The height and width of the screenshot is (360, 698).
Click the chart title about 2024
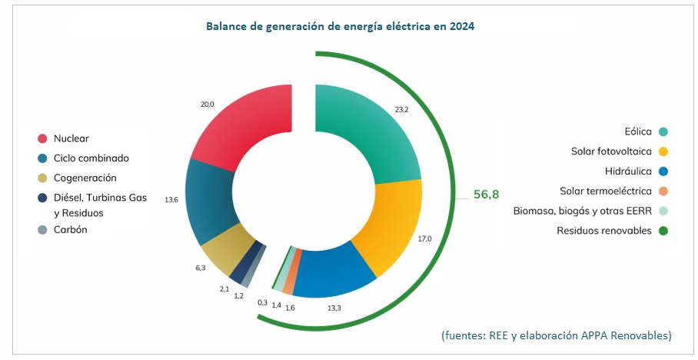click(x=340, y=26)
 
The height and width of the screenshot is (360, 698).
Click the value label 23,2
click(x=401, y=109)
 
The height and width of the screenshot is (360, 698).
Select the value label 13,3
click(x=335, y=308)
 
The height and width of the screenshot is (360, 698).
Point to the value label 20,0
click(x=207, y=104)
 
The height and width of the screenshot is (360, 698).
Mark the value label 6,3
click(x=200, y=268)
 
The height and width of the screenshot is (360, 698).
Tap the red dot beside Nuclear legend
click(x=44, y=138)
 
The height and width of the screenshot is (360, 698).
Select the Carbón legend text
click(x=71, y=229)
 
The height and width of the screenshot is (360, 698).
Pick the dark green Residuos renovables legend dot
click(x=663, y=230)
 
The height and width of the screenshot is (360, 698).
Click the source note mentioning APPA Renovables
click(x=557, y=335)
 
